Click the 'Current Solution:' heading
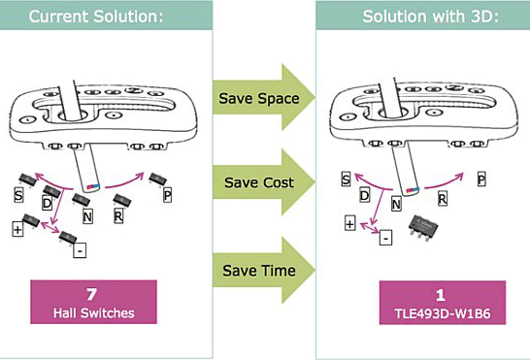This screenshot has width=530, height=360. tap(96, 16)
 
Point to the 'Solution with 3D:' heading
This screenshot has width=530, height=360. tap(430, 16)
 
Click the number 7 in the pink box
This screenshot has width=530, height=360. tap(91, 294)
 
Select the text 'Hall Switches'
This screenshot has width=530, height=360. tap(93, 313)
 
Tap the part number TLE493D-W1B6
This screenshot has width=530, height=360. tap(443, 313)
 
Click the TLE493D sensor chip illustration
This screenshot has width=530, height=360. tap(423, 226)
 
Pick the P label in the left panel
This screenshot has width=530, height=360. tap(167, 195)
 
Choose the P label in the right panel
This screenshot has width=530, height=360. tap(481, 179)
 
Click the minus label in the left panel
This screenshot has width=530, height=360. tap(80, 250)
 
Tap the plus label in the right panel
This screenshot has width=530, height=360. tap(349, 224)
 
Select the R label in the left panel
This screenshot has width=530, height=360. tap(118, 216)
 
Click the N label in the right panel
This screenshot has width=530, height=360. tap(396, 204)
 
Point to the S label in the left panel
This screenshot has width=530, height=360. tap(18, 195)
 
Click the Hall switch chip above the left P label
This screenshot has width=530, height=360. tap(158, 179)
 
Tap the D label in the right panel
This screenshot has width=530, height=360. tap(364, 195)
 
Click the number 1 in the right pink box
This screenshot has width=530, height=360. tap(441, 295)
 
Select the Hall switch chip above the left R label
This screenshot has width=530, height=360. tap(122, 201)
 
